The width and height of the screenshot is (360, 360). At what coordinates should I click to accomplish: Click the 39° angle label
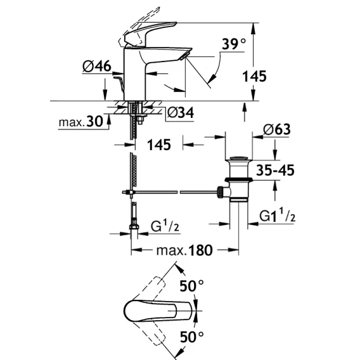[234, 44]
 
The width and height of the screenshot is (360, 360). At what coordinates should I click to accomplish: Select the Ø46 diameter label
[97, 67]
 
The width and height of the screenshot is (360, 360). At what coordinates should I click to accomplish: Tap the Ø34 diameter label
[181, 113]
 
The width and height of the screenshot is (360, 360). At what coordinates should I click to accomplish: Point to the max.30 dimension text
[81, 122]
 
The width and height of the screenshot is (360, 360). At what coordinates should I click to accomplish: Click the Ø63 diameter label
[277, 129]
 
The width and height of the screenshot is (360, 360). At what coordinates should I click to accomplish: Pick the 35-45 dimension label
[275, 170]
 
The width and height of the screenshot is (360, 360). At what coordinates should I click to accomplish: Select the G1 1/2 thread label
[278, 215]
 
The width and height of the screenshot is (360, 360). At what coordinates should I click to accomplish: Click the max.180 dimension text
[184, 250]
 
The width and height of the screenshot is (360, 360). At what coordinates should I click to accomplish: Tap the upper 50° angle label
[191, 286]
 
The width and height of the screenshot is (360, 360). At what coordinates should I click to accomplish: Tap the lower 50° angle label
[191, 337]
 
